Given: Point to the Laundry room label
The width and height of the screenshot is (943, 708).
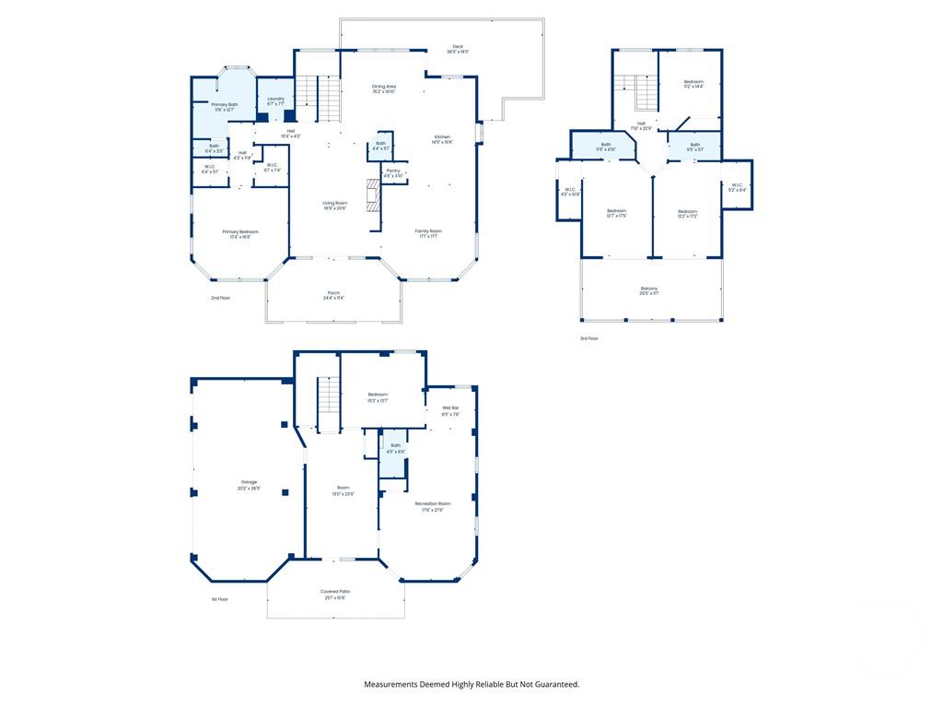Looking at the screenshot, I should [x=275, y=100].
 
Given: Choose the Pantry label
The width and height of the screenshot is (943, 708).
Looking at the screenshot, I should [x=393, y=172].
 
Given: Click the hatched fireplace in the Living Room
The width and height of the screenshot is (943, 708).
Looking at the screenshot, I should [x=373, y=195].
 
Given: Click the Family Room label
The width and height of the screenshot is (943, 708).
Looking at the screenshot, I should [x=427, y=233].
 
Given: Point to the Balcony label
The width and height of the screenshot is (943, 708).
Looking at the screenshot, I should [x=649, y=290].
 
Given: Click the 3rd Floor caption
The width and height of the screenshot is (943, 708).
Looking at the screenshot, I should [x=589, y=338].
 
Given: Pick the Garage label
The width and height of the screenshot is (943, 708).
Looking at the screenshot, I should [x=250, y=485].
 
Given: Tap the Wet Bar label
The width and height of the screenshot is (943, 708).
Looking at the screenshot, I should [x=450, y=410].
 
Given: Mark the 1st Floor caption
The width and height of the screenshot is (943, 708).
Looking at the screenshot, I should [x=219, y=598].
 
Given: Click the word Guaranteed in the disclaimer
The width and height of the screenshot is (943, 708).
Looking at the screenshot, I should [x=552, y=684].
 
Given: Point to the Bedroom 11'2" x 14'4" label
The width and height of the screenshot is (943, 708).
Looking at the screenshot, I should [x=693, y=84].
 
